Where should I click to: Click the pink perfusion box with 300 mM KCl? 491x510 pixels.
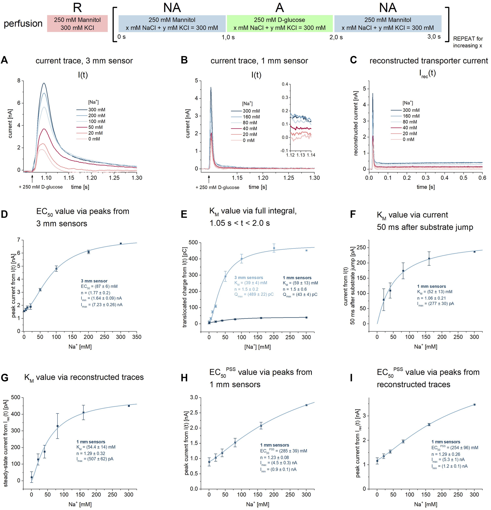(77, 24)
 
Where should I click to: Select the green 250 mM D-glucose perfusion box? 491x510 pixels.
(280, 24)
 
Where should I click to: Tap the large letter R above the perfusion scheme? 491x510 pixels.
(77, 7)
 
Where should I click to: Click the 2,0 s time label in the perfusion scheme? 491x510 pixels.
(336, 37)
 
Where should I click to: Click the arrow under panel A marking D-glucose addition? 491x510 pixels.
(32, 178)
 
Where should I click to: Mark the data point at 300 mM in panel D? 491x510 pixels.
(121, 244)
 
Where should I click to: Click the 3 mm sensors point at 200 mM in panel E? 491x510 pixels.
(274, 248)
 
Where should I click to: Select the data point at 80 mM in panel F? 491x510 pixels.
(403, 271)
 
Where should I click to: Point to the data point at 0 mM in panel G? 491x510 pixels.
(32, 477)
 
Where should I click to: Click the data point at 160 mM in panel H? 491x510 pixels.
(261, 426)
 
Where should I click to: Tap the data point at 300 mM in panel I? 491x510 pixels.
(474, 405)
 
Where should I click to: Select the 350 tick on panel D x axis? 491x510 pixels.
(137, 337)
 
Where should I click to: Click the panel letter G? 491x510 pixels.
(5, 378)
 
